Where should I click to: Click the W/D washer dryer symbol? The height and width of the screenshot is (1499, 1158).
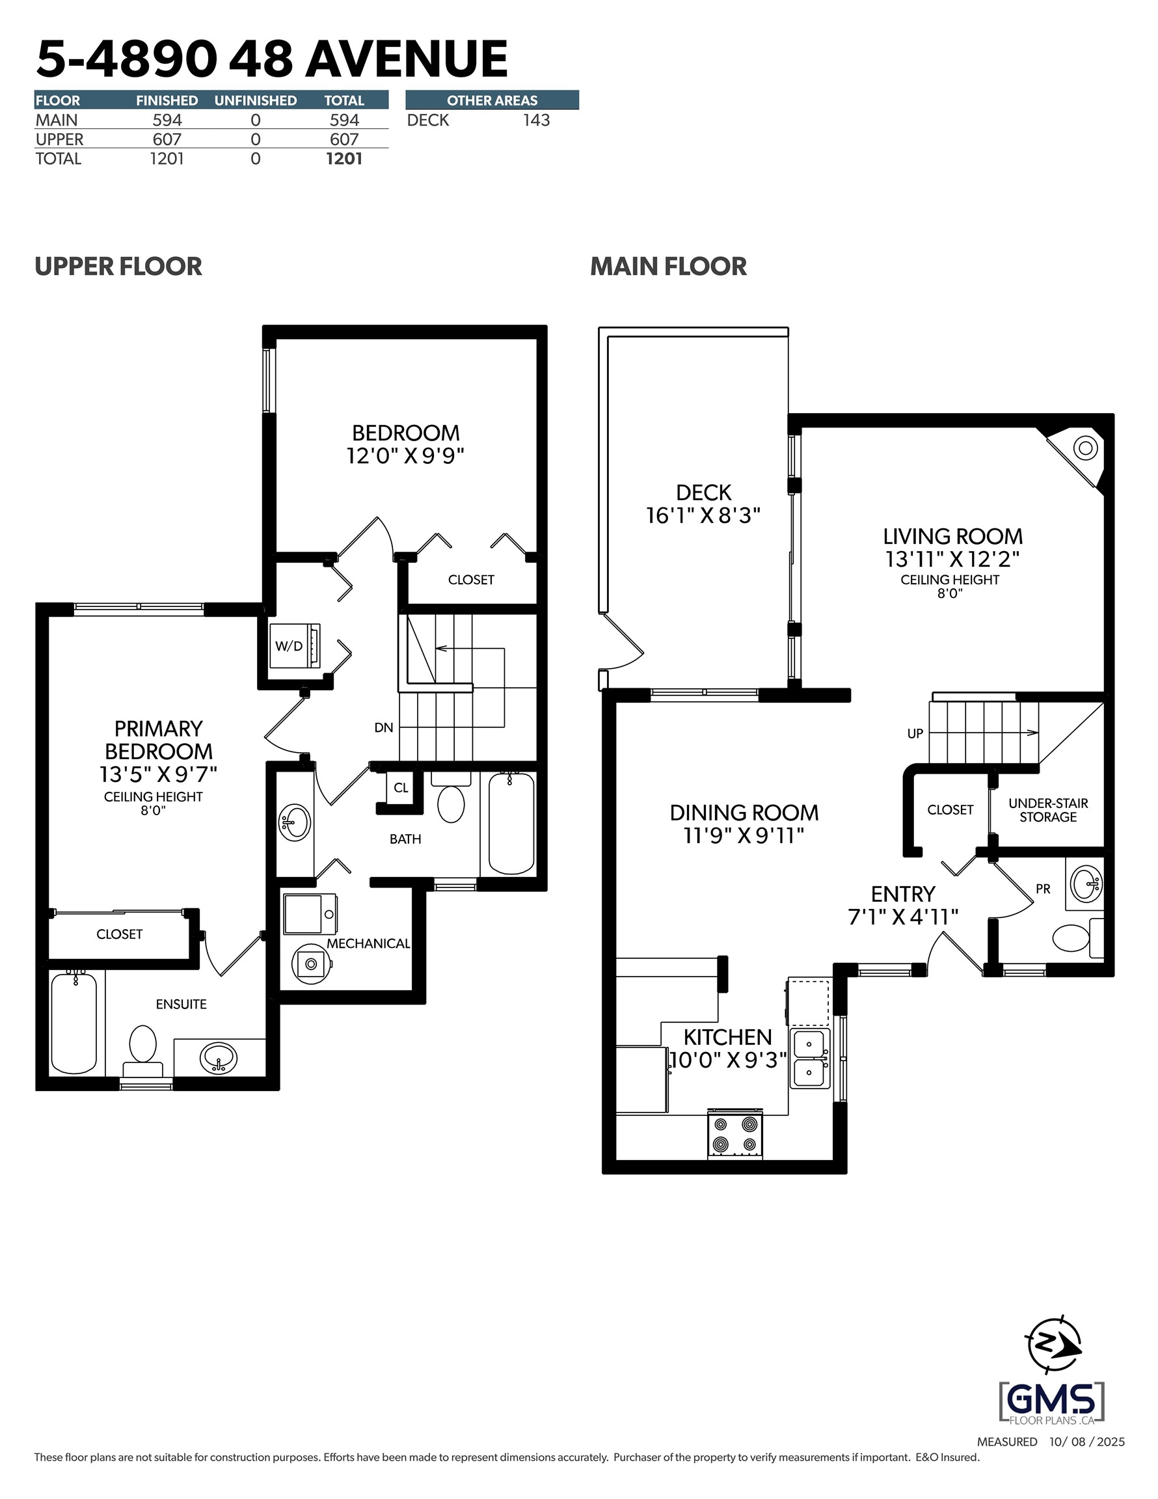click(295, 645)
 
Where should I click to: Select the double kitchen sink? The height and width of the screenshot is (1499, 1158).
click(809, 1058)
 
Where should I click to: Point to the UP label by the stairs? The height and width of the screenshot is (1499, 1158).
click(914, 734)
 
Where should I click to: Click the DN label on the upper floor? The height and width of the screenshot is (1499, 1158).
click(384, 727)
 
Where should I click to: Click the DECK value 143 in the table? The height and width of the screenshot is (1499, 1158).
click(535, 120)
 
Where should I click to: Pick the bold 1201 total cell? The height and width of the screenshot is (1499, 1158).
click(344, 159)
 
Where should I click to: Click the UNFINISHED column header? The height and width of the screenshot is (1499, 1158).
click(256, 100)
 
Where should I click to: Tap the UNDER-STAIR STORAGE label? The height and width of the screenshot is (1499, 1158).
click(1047, 810)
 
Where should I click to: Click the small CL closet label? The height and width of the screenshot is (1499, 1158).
click(401, 788)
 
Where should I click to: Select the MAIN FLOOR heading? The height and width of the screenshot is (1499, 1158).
click(668, 266)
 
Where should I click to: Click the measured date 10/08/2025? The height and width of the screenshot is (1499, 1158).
click(1086, 1442)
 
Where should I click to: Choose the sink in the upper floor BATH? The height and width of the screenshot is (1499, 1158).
click(295, 822)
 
